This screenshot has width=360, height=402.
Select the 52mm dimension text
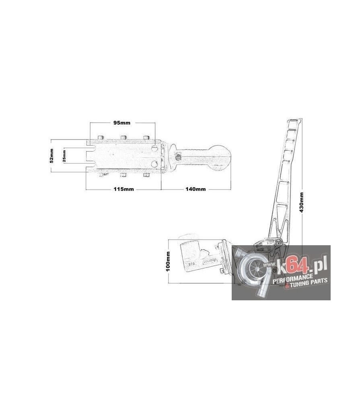(51, 156)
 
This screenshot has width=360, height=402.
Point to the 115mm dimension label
(123, 189)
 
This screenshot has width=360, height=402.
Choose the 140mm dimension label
(195, 189)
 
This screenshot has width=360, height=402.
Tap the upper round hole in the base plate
(154, 149)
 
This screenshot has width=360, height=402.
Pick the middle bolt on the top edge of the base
(123, 137)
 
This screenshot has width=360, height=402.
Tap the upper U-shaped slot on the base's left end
(91, 147)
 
